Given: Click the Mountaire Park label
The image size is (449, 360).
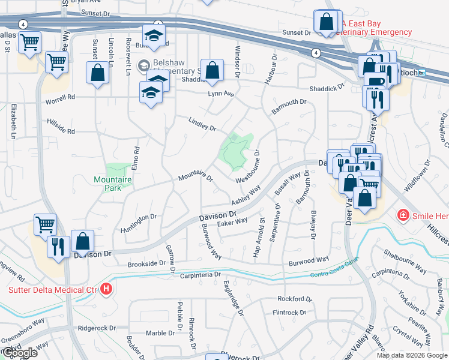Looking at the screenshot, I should [x=107, y=183].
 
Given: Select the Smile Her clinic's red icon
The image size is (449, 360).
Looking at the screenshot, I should [x=403, y=214].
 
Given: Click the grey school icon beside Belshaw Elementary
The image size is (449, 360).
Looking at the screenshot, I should [x=143, y=65].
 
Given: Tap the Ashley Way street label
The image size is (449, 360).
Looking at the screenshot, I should [x=246, y=196].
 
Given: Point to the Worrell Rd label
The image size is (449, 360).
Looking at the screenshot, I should [x=61, y=98].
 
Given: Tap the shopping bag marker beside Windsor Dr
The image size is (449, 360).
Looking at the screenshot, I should [x=212, y=71].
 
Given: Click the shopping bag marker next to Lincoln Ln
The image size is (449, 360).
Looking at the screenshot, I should [x=97, y=74].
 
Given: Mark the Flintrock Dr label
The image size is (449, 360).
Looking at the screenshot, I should [x=289, y=313].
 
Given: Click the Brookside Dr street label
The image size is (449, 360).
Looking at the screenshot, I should [x=146, y=263].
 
